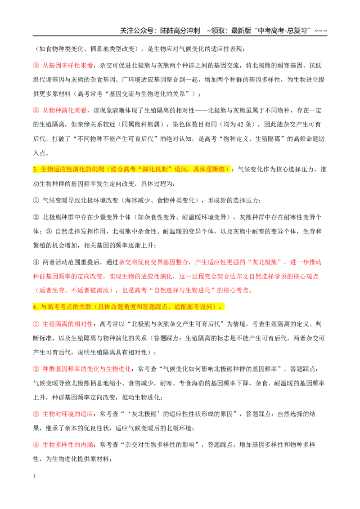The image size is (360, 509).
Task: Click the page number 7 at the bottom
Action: pos(34,477)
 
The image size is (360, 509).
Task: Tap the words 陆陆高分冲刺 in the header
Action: pos(180,31)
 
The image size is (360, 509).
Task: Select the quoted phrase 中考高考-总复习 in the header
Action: pos(282,31)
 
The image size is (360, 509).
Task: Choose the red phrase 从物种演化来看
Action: pos(64,110)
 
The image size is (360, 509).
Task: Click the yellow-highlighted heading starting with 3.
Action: pos(131,170)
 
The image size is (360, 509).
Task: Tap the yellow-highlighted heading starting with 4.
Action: pos(128,307)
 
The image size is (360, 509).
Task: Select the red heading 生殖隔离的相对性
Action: pos(67,324)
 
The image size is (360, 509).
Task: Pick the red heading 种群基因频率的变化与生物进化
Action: pos(87,369)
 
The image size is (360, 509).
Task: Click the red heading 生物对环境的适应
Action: pos(67,414)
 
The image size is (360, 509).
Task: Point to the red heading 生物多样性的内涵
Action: pos(67,445)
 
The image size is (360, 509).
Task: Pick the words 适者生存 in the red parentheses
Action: pos(52,290)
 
